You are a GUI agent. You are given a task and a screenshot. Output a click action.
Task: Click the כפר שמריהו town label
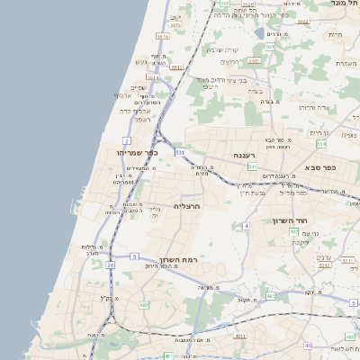137,152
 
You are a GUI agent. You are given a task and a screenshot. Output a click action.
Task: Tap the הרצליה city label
186,206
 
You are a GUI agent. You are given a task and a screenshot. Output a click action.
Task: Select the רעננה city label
246,155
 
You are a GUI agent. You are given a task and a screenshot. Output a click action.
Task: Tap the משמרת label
346,63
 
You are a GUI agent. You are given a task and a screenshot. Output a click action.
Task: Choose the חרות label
335,34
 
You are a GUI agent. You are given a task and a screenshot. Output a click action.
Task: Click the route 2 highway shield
126,140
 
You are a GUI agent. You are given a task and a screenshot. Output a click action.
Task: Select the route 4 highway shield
246,226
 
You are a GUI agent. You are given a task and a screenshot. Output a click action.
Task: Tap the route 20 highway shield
110,265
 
